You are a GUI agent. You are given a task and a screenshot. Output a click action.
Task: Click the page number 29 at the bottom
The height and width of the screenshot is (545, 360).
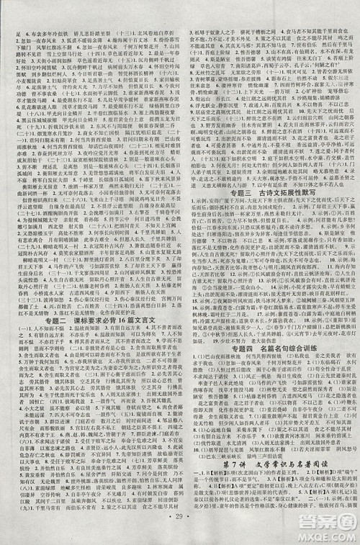(180, 536)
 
